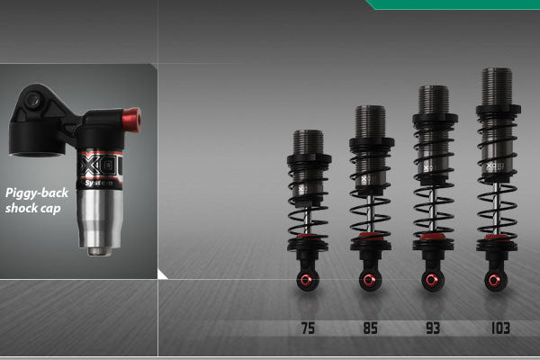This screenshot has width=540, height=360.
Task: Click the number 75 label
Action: [307, 328]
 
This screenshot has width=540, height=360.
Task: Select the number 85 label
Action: [370, 328]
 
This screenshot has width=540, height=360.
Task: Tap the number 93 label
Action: [433, 328]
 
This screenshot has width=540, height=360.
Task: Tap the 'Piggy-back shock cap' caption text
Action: [36, 200]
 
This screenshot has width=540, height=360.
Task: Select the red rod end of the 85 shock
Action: [370, 282]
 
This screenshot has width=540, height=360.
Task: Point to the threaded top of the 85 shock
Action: [370, 121]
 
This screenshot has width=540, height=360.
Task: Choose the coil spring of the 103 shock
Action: [496, 193]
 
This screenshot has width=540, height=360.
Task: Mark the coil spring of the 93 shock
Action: [433, 193]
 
